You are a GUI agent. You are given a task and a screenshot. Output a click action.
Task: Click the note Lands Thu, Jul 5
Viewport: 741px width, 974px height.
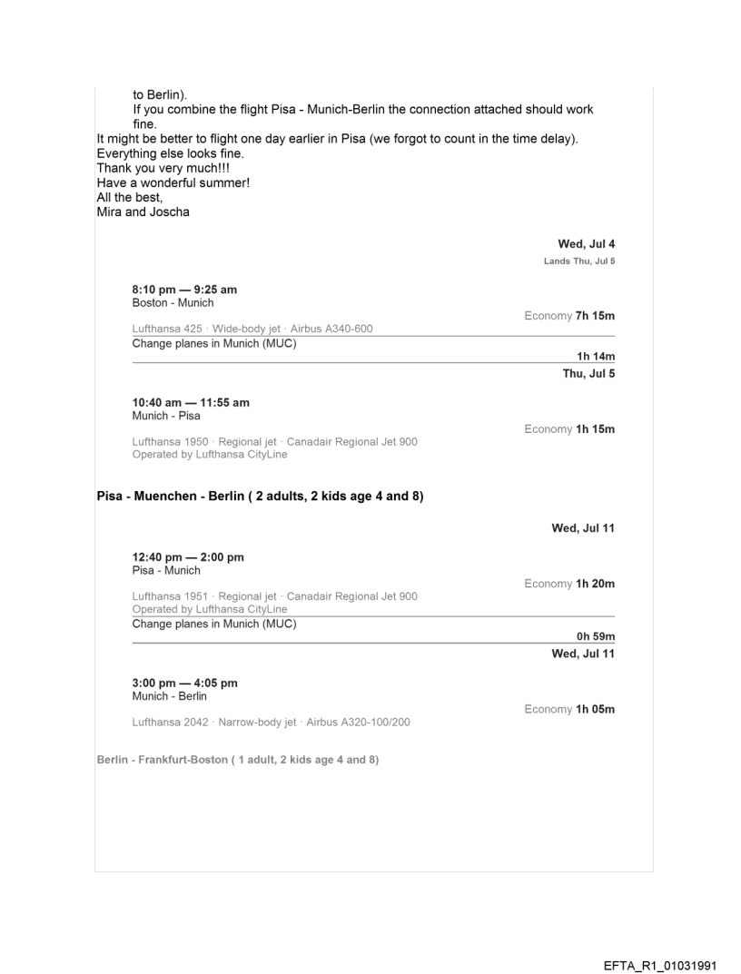pyautogui.click(x=580, y=261)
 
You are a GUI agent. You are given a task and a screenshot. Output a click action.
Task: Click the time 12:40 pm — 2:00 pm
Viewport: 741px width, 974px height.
pyautogui.click(x=188, y=557)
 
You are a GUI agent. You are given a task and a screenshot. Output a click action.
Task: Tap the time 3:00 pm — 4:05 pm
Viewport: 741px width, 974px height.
pyautogui.click(x=185, y=683)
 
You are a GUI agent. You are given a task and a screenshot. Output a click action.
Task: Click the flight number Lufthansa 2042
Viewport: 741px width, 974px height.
pyautogui.click(x=173, y=722)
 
